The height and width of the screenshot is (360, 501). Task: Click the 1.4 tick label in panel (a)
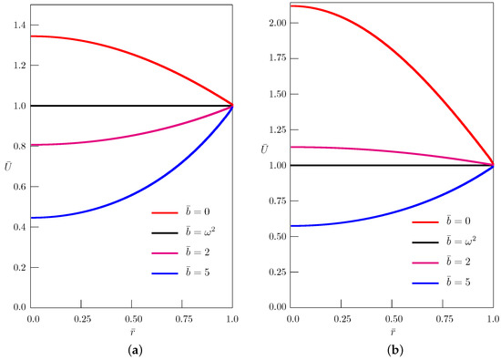[21, 26]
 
